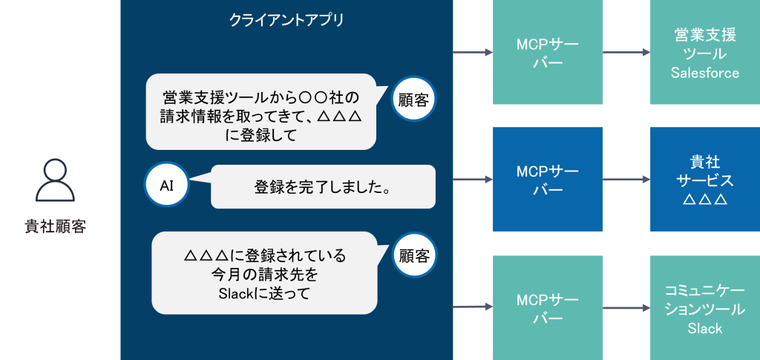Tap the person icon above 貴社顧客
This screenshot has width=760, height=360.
56,181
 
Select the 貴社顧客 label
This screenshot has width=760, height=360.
56,226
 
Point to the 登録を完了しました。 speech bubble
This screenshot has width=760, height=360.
323,187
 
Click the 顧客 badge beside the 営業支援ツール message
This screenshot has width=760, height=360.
413,99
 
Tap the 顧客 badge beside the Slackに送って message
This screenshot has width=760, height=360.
414,256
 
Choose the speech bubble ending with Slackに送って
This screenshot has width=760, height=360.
264,273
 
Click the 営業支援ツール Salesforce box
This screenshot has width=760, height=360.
704,53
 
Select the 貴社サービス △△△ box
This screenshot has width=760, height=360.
704,180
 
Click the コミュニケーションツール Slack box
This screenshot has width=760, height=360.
704,307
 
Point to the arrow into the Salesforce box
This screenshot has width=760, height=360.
626,53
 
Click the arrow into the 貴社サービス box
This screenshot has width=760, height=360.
626,180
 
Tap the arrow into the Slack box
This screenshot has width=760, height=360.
626,307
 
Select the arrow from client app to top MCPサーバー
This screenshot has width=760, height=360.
473,53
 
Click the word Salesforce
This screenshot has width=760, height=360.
704,73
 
